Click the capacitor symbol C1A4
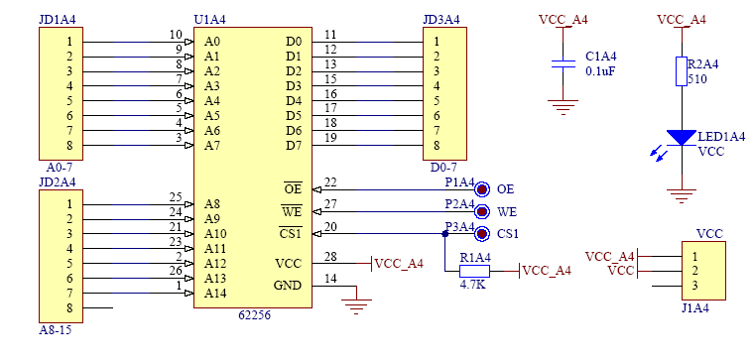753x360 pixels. tap(563, 63)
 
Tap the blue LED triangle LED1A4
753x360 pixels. tap(682, 137)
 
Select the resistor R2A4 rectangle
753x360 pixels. tap(682, 71)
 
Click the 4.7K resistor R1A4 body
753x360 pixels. tap(474, 271)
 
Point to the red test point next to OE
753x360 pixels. tap(482, 189)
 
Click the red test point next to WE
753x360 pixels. tap(482, 211)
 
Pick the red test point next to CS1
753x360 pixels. tap(482, 234)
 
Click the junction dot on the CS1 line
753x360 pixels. tap(445, 234)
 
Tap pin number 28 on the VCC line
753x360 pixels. tap(330, 256)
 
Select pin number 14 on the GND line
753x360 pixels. tap(330, 279)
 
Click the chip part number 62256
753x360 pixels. tap(255, 315)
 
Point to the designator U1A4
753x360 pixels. tap(210, 20)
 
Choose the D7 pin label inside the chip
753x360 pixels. tap(294, 145)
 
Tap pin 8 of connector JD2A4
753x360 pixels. tap(69, 308)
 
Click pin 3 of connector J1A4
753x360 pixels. tap(694, 286)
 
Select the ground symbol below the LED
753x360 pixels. tap(682, 195)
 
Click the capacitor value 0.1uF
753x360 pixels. tap(600, 71)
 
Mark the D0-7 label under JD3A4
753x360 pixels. tap(443, 168)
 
